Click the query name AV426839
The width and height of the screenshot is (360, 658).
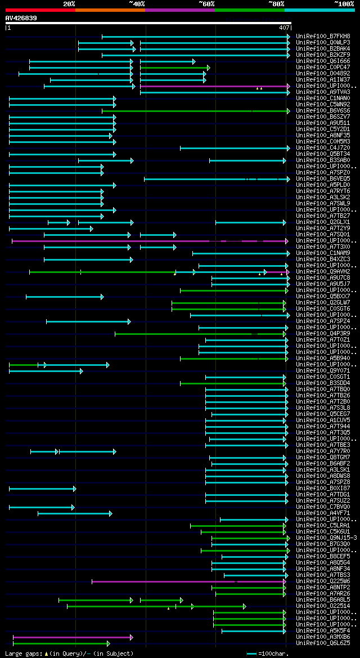pos(21,18)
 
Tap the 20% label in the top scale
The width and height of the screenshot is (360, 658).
pos(69,4)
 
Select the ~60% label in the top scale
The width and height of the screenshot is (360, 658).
pos(206,4)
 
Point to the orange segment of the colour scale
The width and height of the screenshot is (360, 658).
pos(110,10)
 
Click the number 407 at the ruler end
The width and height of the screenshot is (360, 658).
pos(284,27)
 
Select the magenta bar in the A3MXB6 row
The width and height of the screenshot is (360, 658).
pos(73,637)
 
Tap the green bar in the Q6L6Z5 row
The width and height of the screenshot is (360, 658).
pos(61,643)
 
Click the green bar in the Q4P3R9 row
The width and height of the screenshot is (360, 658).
pos(200,334)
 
